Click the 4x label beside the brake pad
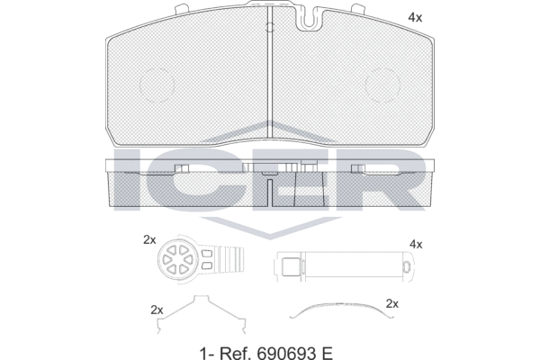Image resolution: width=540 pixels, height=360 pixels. click(415, 17)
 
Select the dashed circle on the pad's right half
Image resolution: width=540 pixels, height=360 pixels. click(382, 84)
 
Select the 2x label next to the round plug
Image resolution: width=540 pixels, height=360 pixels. click(149, 239)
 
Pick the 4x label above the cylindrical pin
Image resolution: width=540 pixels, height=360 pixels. click(415, 244)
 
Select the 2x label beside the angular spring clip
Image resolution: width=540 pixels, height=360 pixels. click(157, 309)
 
